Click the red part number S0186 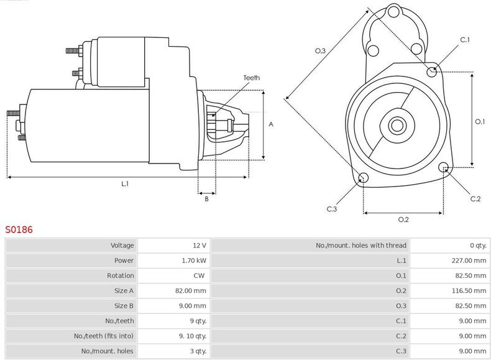(19, 229)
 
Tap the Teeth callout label (251, 78)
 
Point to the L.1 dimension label (124, 183)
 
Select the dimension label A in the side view (270, 124)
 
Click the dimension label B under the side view (206, 198)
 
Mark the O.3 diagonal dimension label (320, 51)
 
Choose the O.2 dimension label (403, 219)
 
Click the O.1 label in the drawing (479, 121)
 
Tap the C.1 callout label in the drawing (465, 40)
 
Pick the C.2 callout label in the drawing (475, 198)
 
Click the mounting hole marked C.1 (433, 72)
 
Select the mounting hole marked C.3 (364, 179)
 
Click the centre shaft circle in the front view (396, 126)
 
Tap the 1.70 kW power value (194, 261)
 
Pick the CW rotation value (199, 275)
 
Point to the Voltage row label (122, 246)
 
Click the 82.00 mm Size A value (191, 291)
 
